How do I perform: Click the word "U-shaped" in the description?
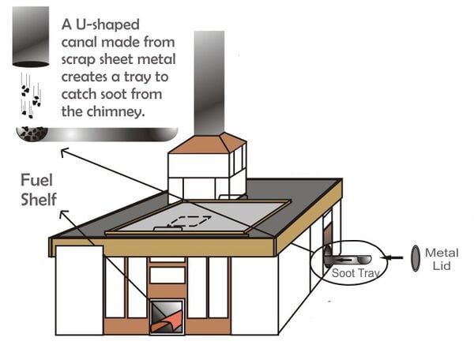tap(107, 24)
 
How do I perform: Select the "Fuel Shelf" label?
tap(39, 189)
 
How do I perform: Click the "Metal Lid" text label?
tap(442, 259)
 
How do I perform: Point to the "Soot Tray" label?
tap(355, 273)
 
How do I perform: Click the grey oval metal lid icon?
tap(416, 258)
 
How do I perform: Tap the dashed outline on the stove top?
tap(189, 221)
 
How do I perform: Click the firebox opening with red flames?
tap(167, 317)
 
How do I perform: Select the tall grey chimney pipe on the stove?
tap(209, 82)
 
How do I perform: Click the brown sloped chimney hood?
tap(208, 144)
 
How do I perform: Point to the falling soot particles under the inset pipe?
tap(31, 96)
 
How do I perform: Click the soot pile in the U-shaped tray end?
tap(32, 133)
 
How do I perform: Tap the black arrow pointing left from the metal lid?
tap(392, 257)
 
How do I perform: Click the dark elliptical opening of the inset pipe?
tap(31, 64)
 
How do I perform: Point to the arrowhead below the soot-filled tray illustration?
tap(63, 152)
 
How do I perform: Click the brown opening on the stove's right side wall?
tap(328, 242)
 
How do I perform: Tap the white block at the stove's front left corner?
tap(80, 291)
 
